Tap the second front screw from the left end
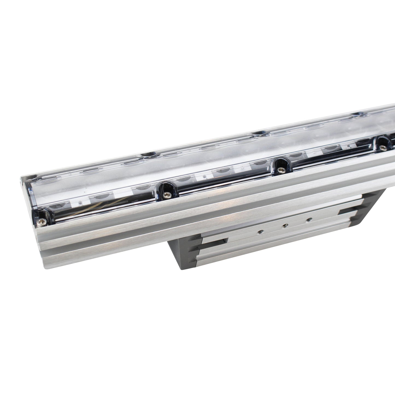point(166,194)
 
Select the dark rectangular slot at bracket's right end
point(345,212)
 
